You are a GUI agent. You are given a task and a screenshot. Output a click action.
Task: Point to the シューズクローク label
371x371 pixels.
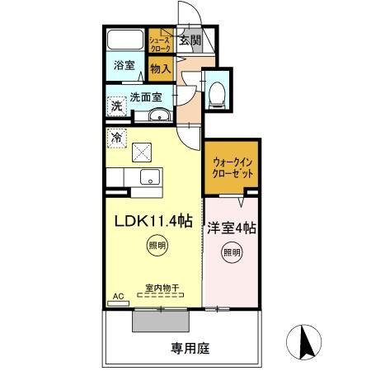[x=159, y=43]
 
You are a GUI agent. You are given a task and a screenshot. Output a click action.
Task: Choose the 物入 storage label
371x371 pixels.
[x=160, y=70]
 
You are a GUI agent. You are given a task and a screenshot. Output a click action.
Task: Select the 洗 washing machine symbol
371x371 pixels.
[x=117, y=106]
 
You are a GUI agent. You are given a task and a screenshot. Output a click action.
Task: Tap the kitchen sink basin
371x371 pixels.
[x=150, y=176]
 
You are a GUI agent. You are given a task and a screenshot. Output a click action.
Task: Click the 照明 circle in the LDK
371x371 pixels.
[x=157, y=245]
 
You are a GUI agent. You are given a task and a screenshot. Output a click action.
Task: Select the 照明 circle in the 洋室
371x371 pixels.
[x=232, y=252]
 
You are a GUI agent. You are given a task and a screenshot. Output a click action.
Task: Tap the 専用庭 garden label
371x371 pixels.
[x=190, y=348]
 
